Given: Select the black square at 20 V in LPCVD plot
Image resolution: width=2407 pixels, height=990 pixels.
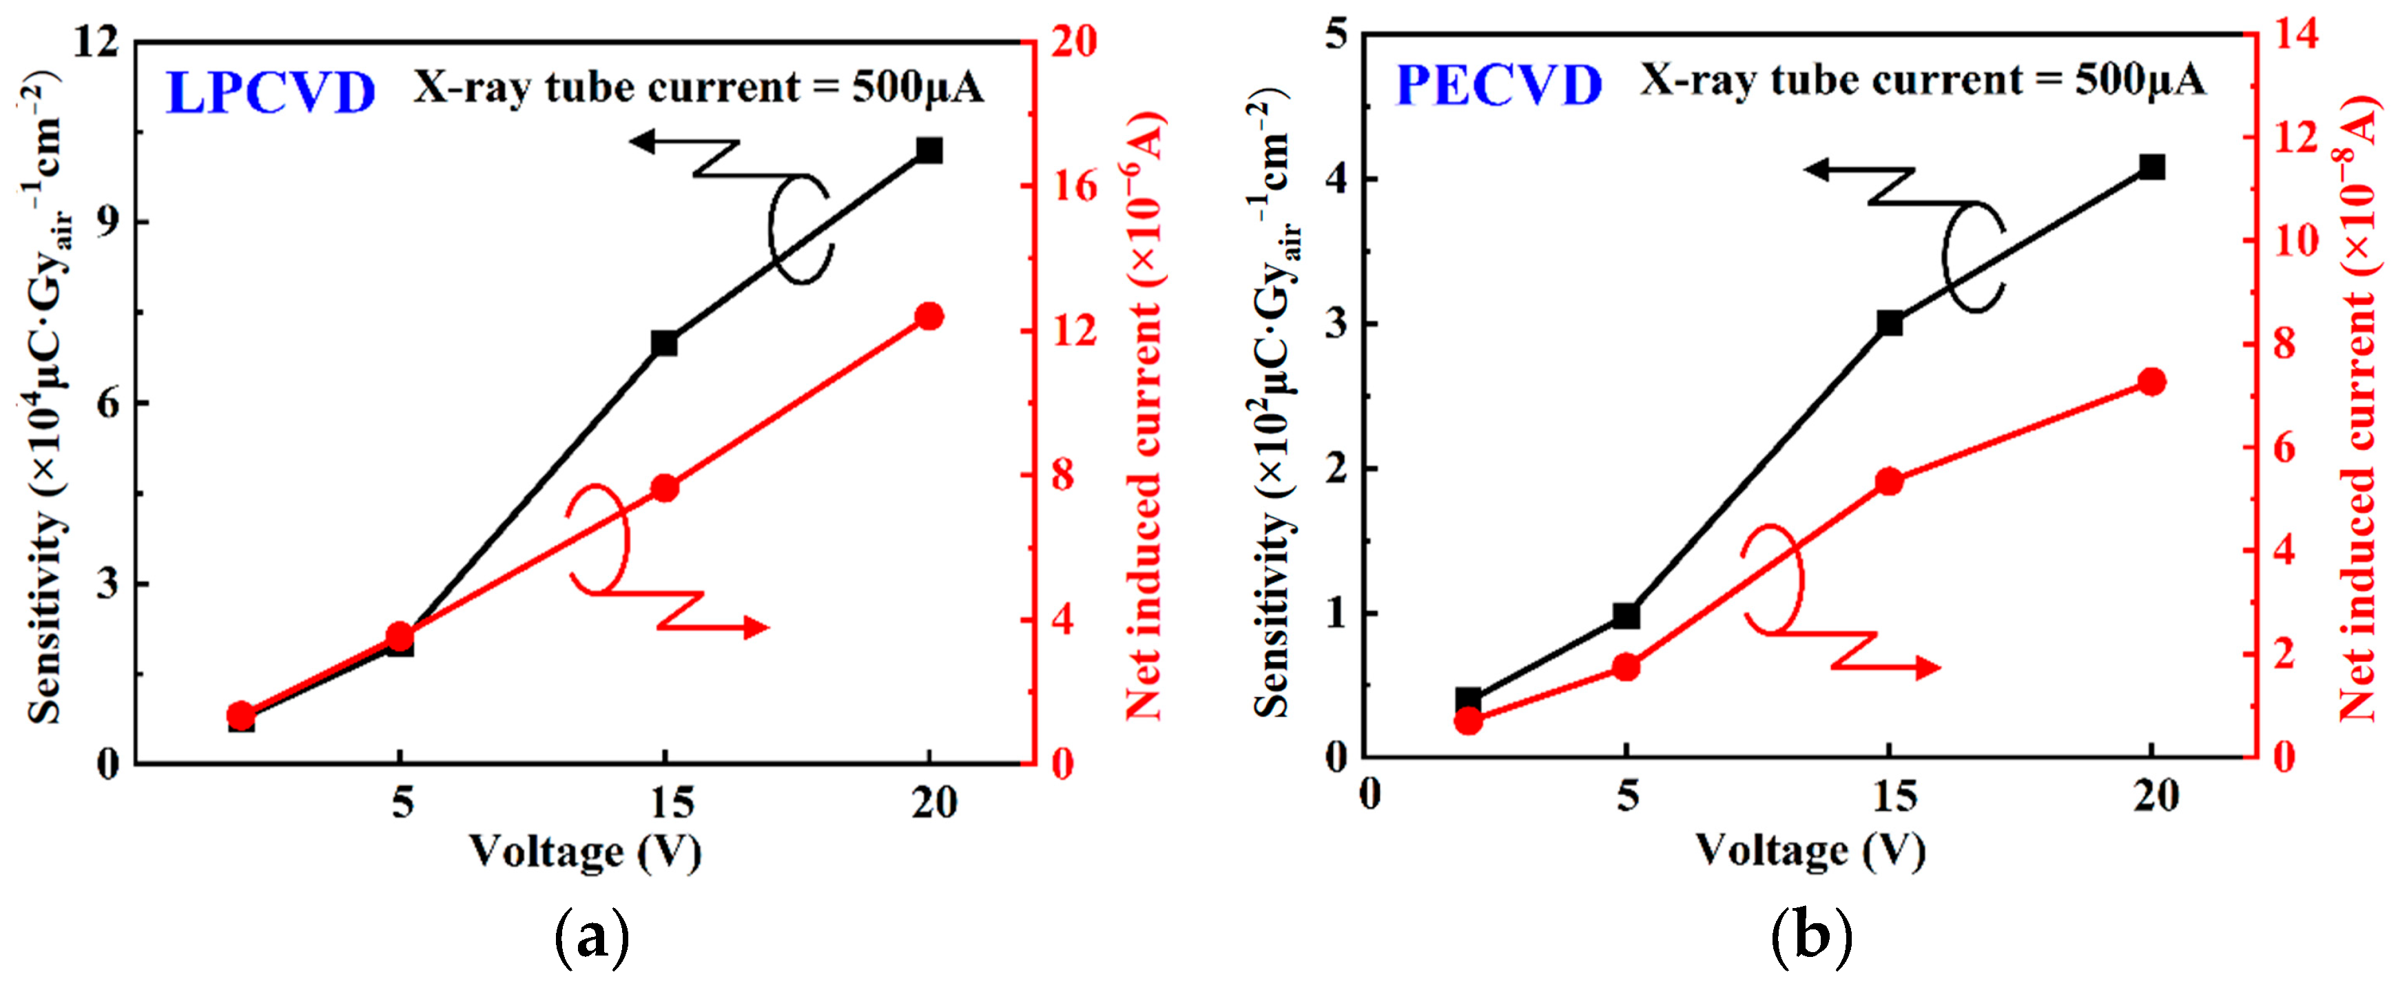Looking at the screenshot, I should click(x=929, y=149).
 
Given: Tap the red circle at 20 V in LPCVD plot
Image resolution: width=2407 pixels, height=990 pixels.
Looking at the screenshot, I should click(x=929, y=316).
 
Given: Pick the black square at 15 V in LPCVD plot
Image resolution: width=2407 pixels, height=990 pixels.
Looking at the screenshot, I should click(x=664, y=343).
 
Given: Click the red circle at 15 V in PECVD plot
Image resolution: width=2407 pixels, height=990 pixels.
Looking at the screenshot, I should click(x=1890, y=482).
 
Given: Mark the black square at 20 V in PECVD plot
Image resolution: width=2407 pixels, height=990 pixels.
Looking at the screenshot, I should click(x=2152, y=167).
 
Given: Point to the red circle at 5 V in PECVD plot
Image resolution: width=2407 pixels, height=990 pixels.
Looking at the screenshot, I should click(x=1626, y=666).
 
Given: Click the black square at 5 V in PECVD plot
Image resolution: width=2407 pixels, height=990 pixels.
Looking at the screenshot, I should click(x=1626, y=615).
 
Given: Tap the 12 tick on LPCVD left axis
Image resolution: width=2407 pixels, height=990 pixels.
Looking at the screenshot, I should click(x=97, y=42).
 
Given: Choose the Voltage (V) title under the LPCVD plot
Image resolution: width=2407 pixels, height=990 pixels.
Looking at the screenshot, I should click(x=584, y=852).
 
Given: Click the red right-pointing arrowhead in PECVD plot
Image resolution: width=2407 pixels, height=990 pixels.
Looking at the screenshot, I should click(x=1927, y=668).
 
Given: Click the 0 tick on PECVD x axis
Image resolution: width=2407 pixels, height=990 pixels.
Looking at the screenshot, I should click(x=1370, y=796).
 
